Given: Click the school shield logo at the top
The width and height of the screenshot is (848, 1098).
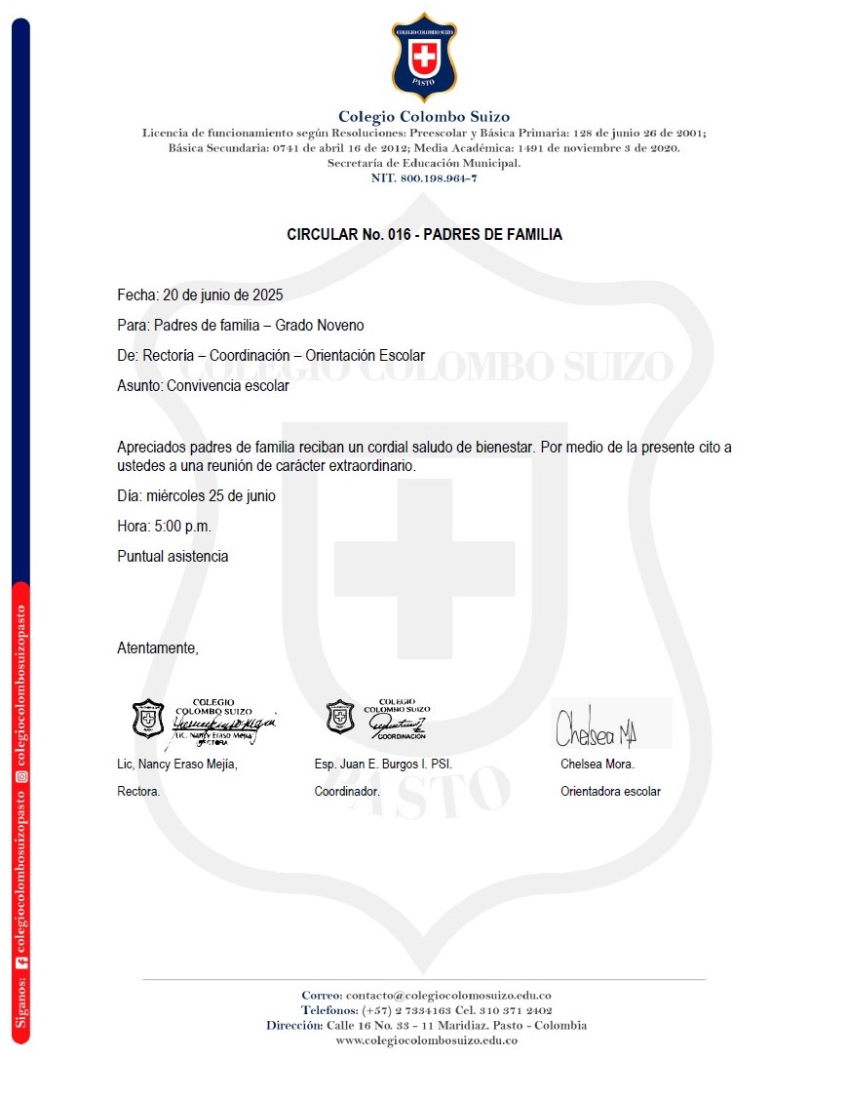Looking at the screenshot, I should coord(424,58).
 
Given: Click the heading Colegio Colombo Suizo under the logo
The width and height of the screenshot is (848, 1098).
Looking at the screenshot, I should coord(424,117).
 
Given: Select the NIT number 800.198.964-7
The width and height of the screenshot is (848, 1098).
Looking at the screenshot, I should coord(438,178).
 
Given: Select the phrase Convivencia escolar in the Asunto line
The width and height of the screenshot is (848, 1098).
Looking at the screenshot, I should coord(227,386).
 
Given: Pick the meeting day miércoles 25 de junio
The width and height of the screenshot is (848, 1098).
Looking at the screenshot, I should coord(211,496).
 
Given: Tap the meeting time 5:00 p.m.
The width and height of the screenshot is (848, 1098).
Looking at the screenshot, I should coord(182,527).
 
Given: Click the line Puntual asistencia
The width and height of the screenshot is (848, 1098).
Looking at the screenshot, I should coord(173,557).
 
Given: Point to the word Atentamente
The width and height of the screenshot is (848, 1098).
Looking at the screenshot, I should coord(157,647).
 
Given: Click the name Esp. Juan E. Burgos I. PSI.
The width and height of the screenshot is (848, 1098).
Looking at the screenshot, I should coord(383,765).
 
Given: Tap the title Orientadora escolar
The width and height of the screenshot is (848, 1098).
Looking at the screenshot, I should coord(610,792).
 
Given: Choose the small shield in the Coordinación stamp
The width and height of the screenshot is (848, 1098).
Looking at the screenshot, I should coord(339,717).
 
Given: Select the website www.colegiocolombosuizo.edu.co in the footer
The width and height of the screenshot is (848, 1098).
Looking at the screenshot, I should coord(426,1040).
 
